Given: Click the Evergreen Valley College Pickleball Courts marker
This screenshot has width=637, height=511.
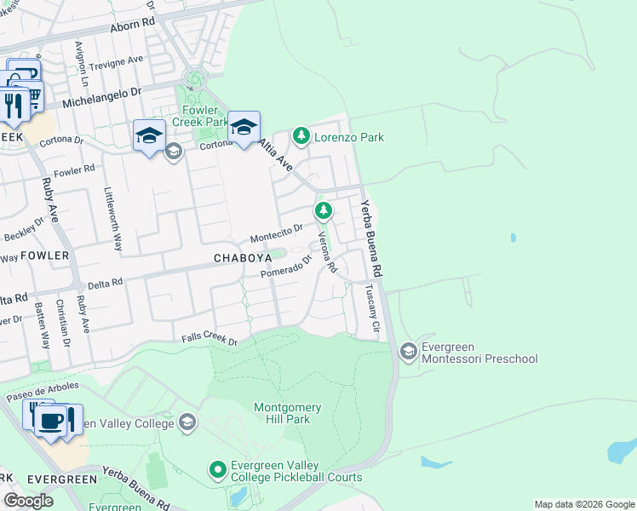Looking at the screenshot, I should [217, 469].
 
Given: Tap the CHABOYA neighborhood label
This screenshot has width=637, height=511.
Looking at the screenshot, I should [243, 257].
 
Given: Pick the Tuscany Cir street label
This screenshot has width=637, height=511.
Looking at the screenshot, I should [371, 310].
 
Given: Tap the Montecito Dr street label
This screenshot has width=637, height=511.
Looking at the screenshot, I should [276, 233].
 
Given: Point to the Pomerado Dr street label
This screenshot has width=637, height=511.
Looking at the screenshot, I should [281, 271].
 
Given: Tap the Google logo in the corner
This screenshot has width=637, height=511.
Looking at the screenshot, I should [29, 501].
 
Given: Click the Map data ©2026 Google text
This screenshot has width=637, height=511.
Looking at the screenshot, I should [583, 504].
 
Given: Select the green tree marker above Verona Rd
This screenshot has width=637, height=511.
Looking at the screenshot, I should [323, 210].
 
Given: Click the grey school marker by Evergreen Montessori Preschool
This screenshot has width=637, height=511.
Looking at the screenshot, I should [408, 351].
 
